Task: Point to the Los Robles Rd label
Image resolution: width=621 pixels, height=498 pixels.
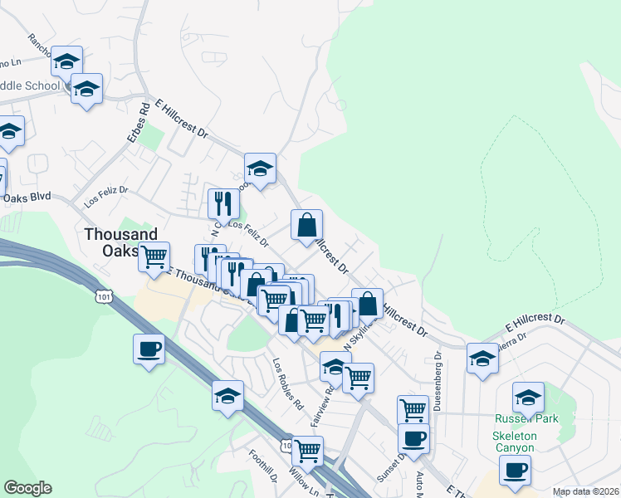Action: click(287, 383)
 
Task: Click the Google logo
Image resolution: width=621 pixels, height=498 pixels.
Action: click(27, 488)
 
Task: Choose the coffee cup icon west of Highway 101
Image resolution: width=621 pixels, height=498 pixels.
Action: click(149, 349)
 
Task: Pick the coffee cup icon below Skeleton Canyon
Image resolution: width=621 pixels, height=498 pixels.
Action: click(515, 471)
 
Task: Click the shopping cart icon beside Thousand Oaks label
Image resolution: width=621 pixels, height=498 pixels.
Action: click(154, 257)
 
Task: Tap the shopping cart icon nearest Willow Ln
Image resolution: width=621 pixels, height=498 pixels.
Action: click(307, 451)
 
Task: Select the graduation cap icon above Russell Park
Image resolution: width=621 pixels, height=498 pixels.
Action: click(528, 397)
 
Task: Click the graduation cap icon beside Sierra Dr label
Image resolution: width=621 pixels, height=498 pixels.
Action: click(482, 359)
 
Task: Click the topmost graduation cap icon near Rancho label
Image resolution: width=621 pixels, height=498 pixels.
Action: click(67, 61)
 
